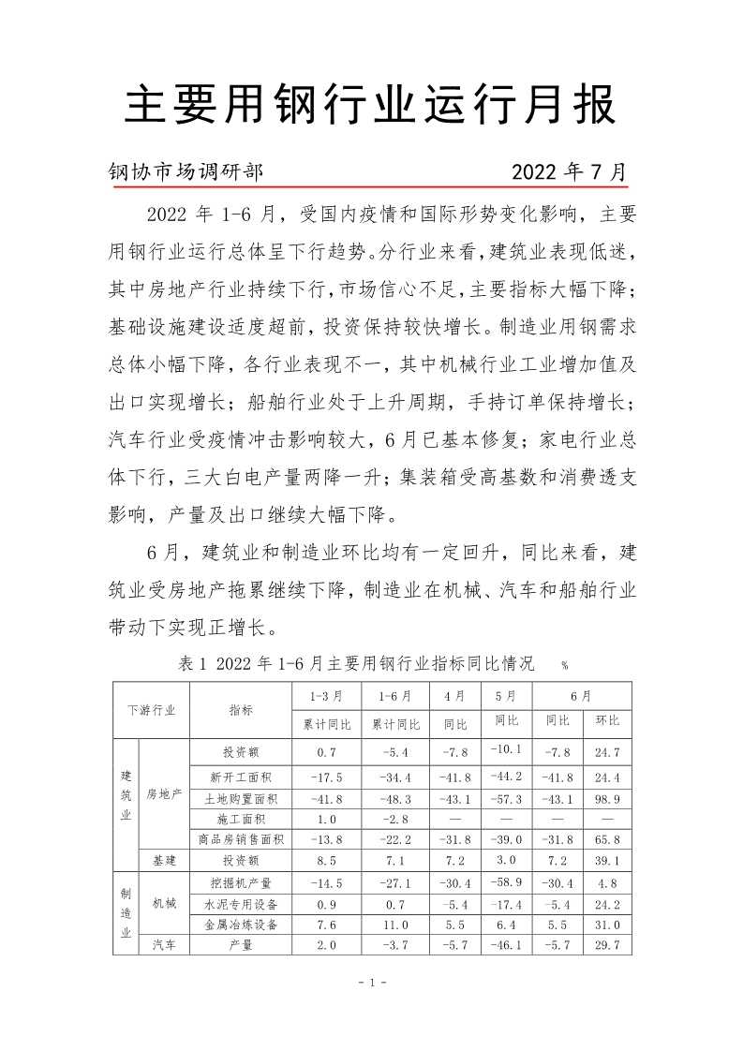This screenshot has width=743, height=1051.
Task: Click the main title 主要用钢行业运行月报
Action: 371,106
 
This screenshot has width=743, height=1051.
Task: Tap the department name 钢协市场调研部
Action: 186,172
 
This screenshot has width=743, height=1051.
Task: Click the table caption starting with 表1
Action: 355,664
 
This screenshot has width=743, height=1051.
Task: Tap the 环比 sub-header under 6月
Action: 607,723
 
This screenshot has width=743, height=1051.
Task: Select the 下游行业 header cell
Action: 151,710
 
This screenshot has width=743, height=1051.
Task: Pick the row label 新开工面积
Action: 241,777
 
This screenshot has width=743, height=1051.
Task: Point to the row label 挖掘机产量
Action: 241,883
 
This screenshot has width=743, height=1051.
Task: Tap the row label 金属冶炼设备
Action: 241,925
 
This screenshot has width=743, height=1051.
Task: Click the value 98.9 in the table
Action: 607,798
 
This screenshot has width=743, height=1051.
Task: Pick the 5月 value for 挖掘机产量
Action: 507,881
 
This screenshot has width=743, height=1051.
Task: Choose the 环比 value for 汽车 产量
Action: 607,945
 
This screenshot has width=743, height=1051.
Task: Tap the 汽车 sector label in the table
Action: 164,945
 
